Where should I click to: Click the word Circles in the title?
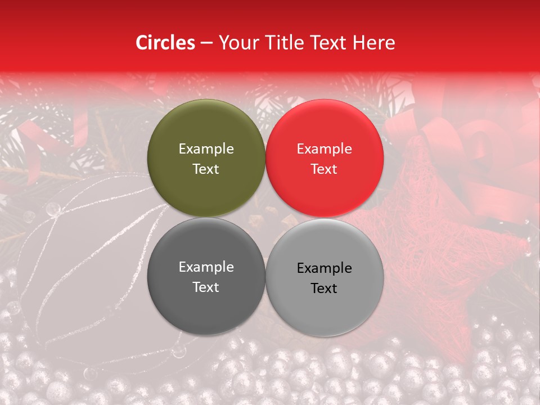(x=165, y=43)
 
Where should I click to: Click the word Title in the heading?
(x=281, y=43)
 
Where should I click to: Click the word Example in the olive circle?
(x=206, y=149)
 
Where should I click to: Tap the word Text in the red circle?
(x=324, y=169)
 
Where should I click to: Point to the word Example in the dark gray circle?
(x=206, y=267)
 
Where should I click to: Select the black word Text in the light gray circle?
(x=324, y=289)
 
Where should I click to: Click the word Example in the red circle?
(x=324, y=149)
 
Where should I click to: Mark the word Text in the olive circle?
(x=206, y=169)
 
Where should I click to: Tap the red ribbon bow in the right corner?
(x=484, y=146)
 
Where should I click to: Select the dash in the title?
(x=206, y=43)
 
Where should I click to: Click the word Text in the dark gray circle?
(x=206, y=287)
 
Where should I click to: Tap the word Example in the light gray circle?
(x=324, y=268)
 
